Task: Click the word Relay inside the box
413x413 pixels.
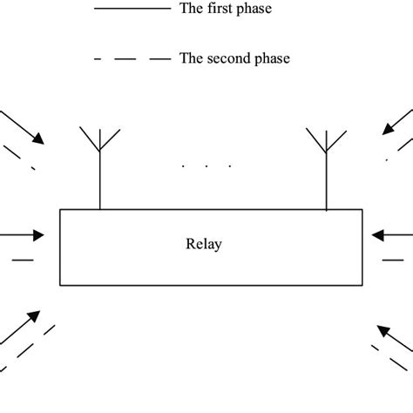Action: [x=204, y=245]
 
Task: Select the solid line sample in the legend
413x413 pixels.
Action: [x=131, y=9]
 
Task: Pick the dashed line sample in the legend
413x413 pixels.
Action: [x=131, y=59]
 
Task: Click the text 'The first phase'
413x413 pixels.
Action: [x=225, y=9]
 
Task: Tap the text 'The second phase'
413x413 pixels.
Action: [x=234, y=59]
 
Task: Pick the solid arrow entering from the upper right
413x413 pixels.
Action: [x=396, y=122]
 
